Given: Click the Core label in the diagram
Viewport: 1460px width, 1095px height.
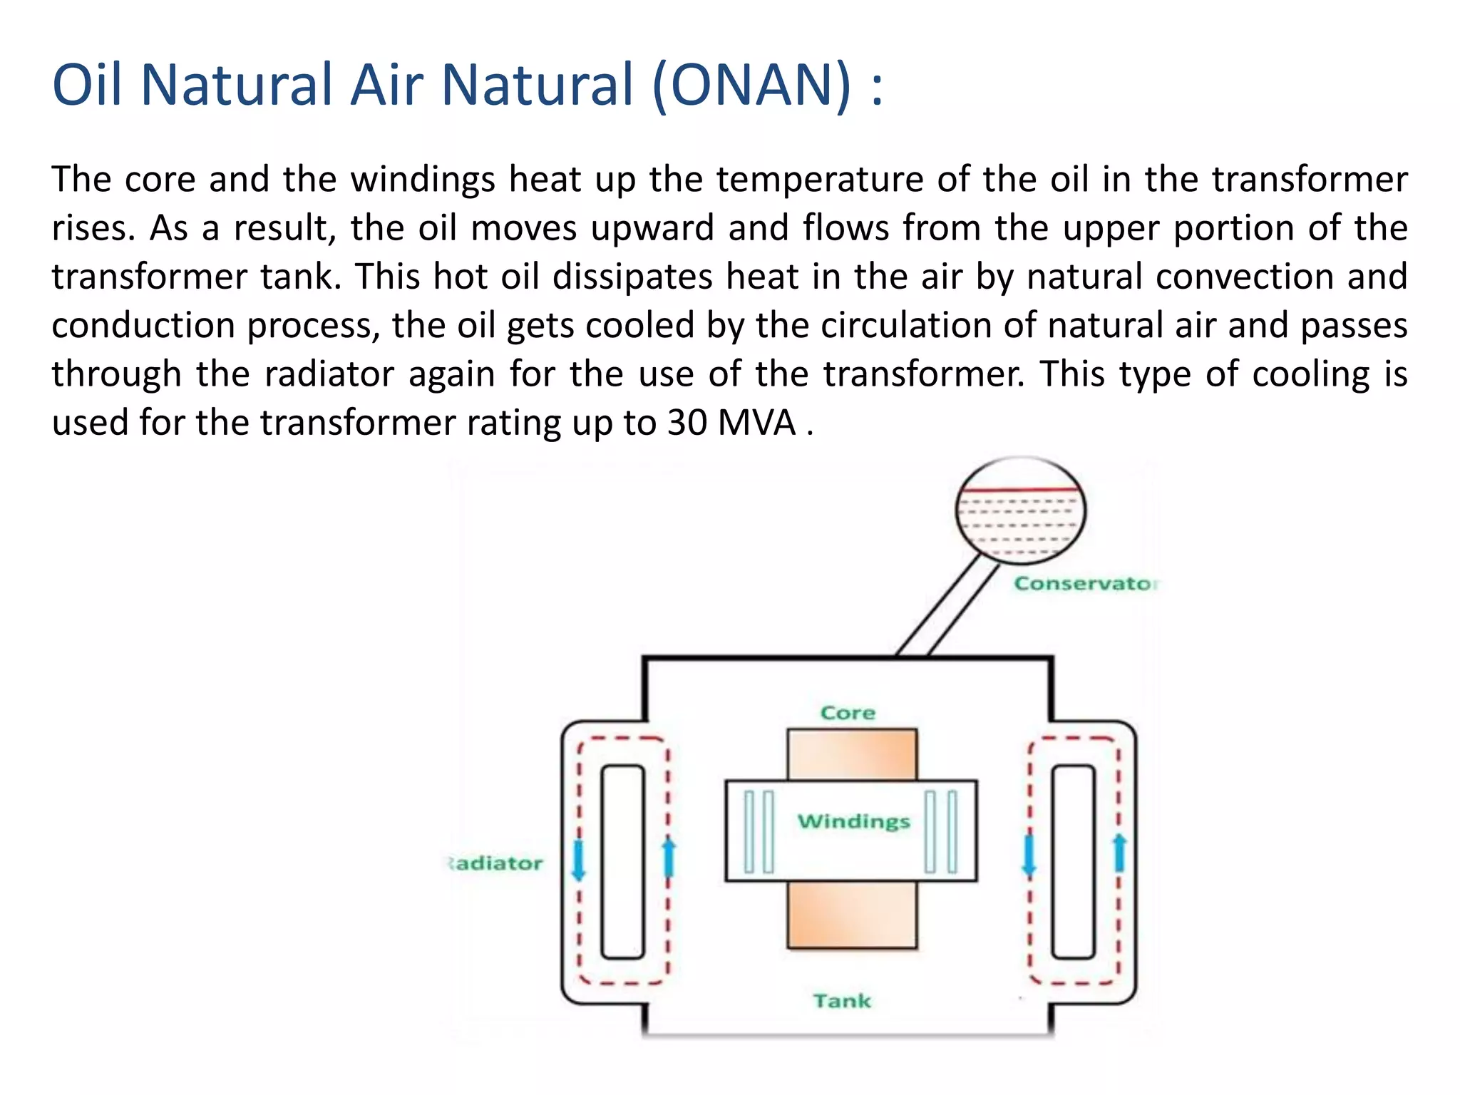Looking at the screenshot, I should pyautogui.click(x=848, y=713).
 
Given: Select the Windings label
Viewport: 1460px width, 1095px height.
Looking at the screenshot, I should pyautogui.click(x=853, y=822).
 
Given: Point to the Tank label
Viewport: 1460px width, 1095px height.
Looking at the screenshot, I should pyautogui.click(x=842, y=1001).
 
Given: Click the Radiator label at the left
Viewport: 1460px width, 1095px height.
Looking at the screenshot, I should pyautogui.click(x=496, y=864).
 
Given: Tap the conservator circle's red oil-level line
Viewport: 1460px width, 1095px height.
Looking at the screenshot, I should pyautogui.click(x=1020, y=490).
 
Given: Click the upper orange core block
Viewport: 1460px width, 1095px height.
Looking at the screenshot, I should pyautogui.click(x=852, y=754).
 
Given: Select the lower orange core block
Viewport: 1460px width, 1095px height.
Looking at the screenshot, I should pyautogui.click(x=852, y=915).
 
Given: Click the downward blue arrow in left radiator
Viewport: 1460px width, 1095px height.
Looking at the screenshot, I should pyautogui.click(x=578, y=860).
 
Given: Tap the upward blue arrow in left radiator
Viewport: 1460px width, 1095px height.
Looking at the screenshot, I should pyautogui.click(x=669, y=858).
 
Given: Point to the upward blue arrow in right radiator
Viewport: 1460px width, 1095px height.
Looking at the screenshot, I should pyautogui.click(x=1119, y=853).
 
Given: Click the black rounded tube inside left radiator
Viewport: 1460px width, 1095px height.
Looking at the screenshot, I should pyautogui.click(x=622, y=862).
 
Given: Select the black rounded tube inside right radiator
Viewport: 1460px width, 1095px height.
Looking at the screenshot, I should pyautogui.click(x=1073, y=862).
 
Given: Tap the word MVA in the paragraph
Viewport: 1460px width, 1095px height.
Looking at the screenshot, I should pyautogui.click(x=756, y=423).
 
